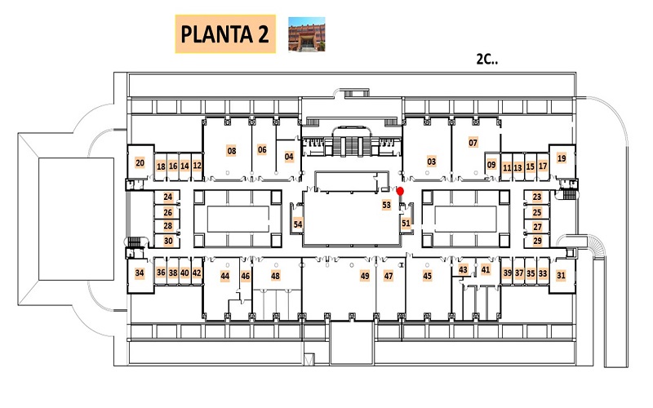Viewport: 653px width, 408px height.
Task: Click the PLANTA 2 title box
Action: pos(225,34)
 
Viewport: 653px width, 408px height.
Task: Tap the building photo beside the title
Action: pos(307,34)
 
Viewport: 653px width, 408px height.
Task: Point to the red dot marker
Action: pos(400,191)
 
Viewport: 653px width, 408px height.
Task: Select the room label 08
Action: pos(232,151)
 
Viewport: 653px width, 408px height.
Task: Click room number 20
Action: pos(140,162)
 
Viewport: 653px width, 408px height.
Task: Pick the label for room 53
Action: pos(386,205)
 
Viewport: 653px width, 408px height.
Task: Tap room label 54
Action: pos(298,224)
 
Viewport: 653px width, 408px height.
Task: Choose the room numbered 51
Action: pos(406,223)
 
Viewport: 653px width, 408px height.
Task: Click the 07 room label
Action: pos(473,143)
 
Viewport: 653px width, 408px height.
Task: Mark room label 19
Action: pos(562,158)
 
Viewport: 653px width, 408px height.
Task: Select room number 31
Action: pos(561,275)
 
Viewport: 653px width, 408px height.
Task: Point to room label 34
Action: pos(140,273)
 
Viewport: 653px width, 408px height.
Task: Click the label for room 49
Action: pos(365,276)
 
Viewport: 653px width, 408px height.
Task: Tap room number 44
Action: pos(225,276)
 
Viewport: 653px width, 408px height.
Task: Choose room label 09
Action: pos(491,165)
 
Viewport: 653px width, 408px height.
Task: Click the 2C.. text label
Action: pos(487,59)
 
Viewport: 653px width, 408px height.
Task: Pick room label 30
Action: pos(168,241)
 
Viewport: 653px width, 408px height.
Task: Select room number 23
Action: pos(537,197)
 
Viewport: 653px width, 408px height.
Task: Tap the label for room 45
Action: pos(427,276)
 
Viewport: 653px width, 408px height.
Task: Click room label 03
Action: pos(432,162)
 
